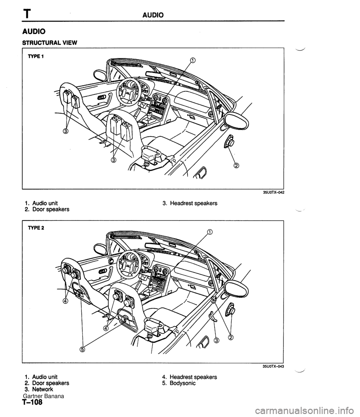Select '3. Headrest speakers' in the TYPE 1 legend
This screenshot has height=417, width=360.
(190, 203)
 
